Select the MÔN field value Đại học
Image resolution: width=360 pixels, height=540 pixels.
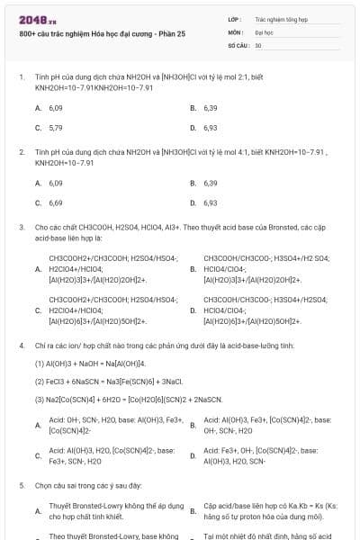coord(264,31)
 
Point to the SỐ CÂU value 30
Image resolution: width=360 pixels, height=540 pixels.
coord(258,44)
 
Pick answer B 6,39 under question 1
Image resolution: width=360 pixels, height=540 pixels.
coord(211,108)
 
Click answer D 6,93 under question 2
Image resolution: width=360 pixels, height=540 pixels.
coord(211,202)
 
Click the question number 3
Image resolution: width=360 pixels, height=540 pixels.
coord(21,228)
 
